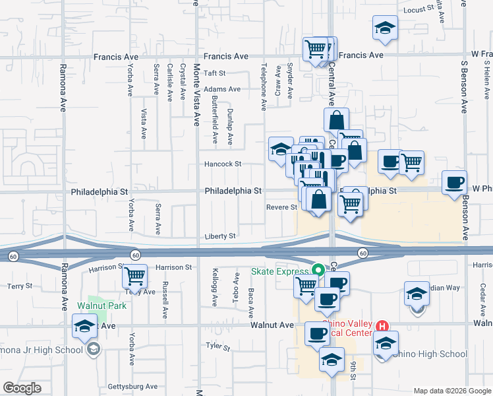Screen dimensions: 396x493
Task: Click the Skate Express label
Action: coord(279,271)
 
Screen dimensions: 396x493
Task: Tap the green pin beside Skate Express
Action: coord(318,271)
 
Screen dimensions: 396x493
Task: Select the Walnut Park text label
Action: coord(101,306)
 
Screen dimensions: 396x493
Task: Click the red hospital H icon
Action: coord(381,326)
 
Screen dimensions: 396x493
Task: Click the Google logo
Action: coord(22,388)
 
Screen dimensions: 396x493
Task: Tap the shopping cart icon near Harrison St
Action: coord(135,276)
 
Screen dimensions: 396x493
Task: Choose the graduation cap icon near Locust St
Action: coord(385,28)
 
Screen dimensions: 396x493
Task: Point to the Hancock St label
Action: coord(223,164)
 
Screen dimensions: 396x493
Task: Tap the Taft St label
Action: coord(215,73)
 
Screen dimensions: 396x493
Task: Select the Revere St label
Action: coord(281,207)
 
